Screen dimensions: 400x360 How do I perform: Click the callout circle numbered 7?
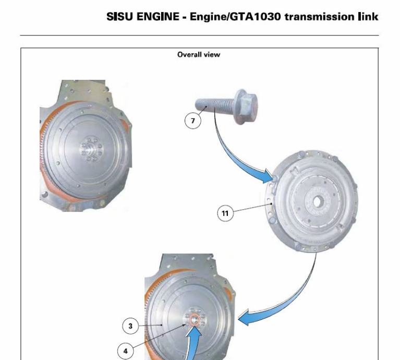[x=192, y=121]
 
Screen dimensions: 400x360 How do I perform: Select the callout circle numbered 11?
[x=225, y=213]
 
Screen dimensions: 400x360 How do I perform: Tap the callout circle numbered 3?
[x=130, y=326]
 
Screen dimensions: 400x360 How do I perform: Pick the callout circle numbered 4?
[x=125, y=351]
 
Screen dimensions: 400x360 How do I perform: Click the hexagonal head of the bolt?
[x=247, y=104]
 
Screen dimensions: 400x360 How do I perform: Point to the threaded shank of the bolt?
[x=215, y=105]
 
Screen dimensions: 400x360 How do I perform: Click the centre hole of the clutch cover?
[x=317, y=202]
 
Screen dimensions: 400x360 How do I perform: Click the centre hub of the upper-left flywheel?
[x=91, y=149]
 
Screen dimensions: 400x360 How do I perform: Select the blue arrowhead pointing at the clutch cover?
[x=270, y=176]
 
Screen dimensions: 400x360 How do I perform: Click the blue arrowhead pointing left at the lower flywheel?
[x=244, y=317]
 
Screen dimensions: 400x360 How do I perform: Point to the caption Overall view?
[x=199, y=55]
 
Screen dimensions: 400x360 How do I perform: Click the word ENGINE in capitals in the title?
[x=158, y=17]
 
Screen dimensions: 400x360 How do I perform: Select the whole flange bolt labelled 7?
[x=226, y=105]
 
